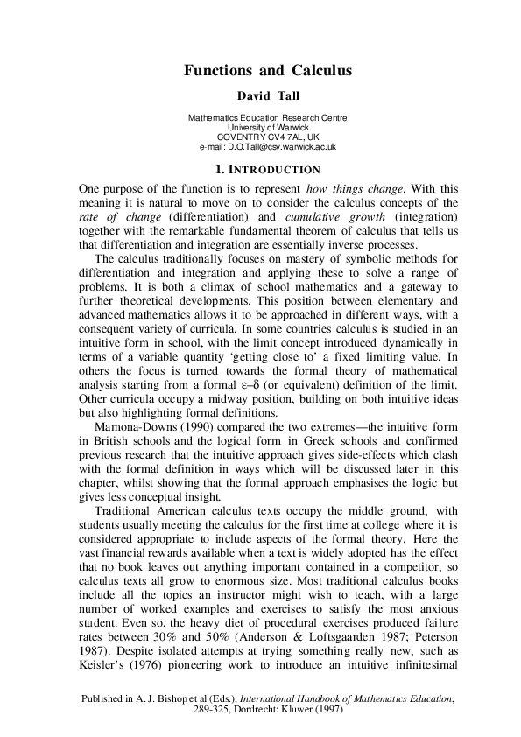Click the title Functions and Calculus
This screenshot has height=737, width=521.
[260, 68]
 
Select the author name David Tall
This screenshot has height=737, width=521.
[260, 95]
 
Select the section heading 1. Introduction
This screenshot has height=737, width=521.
[260, 169]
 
